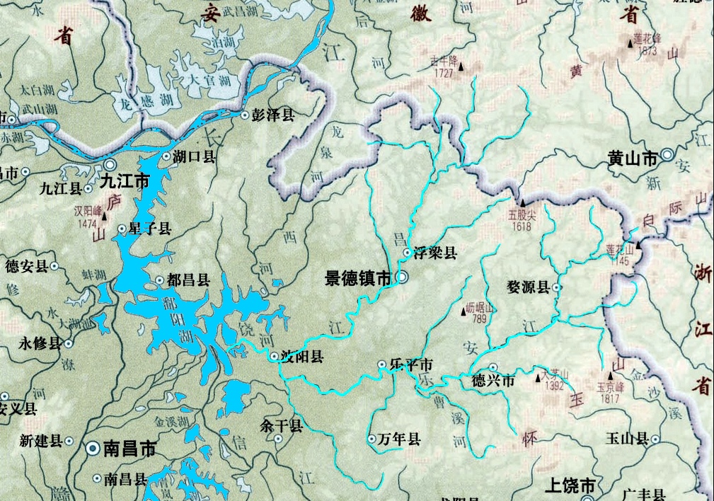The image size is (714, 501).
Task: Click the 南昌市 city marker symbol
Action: [x=93, y=449]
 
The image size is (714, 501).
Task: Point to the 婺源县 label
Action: [x=528, y=287]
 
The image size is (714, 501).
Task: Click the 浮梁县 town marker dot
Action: [x=408, y=253]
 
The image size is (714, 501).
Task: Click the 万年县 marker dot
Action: [x=372, y=439]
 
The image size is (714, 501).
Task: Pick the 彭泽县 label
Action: [x=273, y=115]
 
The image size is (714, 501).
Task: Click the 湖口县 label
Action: [x=195, y=157]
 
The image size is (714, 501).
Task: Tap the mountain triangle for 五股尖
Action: [x=522, y=192]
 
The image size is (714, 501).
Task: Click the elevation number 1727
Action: [x=443, y=73]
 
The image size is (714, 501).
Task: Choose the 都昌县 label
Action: [x=188, y=280]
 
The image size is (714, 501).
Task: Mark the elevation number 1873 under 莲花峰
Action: [x=647, y=51]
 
